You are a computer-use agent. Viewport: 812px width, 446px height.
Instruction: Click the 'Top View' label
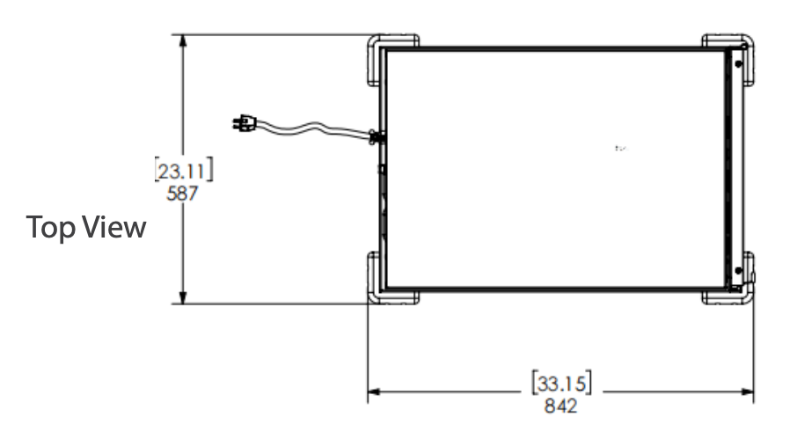coord(86,227)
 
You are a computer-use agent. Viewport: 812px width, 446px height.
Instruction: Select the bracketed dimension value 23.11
coord(184,170)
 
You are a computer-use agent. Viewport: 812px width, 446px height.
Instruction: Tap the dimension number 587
coord(183,193)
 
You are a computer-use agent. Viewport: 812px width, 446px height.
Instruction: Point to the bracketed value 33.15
coord(561,384)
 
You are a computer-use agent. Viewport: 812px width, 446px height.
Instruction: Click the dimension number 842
coord(561,406)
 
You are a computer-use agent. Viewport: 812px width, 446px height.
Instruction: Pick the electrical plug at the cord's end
coord(241,124)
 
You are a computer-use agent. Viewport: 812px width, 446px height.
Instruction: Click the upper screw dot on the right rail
coord(737,63)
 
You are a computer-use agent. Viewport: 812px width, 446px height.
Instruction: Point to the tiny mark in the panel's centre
coord(620,149)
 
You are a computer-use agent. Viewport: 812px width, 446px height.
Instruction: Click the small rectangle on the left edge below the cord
coord(382,168)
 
